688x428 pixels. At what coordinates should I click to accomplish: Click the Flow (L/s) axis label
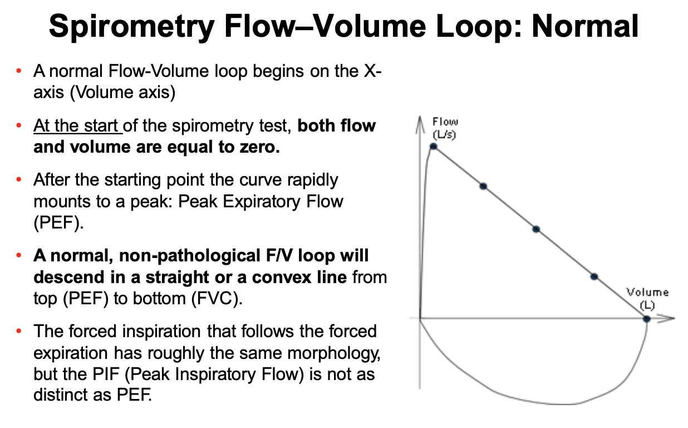click(445, 128)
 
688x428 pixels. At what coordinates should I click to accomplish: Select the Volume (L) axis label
click(647, 298)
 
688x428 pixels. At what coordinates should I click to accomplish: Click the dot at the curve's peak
click(434, 147)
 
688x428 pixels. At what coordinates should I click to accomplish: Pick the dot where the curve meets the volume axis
click(646, 319)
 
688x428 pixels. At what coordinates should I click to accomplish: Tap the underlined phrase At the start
click(77, 125)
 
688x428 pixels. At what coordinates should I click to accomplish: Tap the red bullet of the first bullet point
click(19, 71)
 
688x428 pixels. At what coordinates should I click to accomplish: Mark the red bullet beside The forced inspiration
click(19, 332)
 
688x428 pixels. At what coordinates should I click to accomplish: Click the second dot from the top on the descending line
click(483, 186)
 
